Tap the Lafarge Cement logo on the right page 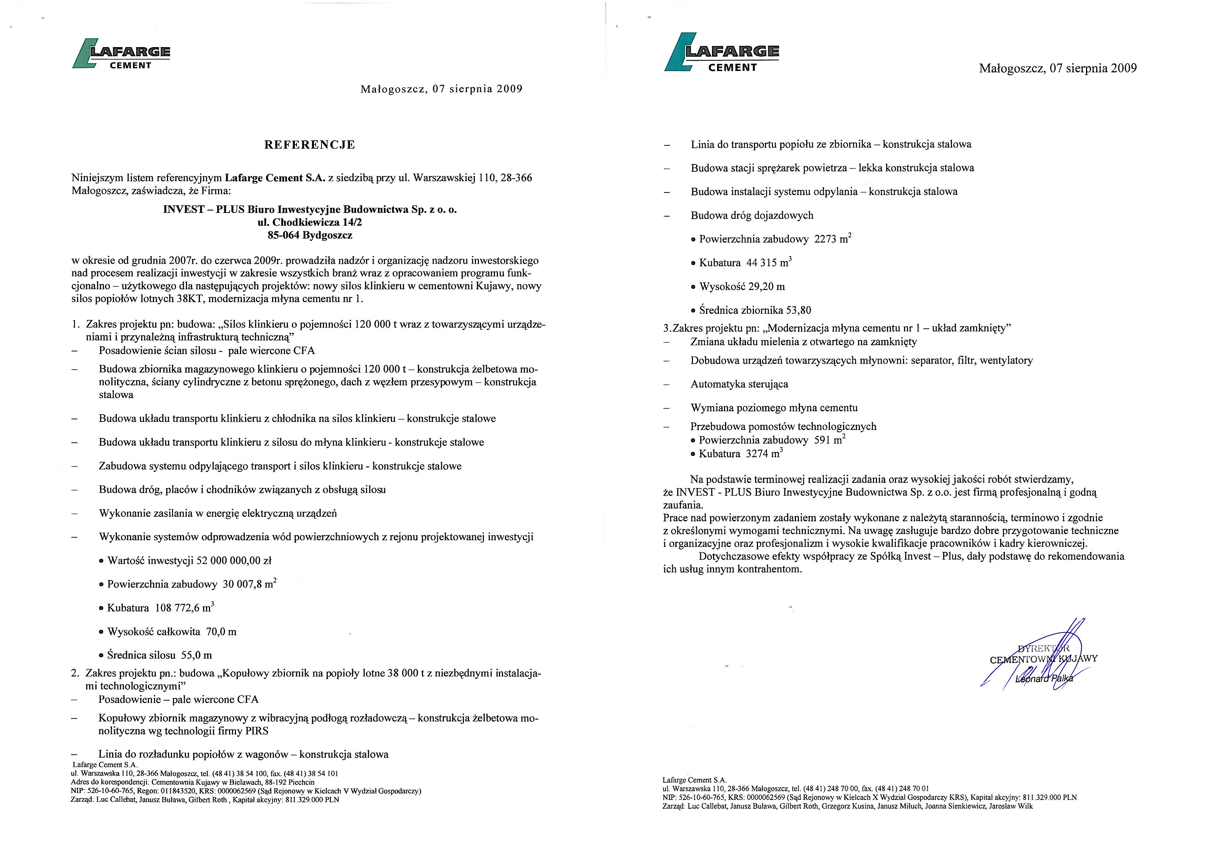(x=721, y=53)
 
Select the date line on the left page (x=441, y=89)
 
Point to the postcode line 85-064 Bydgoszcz (x=310, y=235)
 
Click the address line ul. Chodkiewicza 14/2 (x=310, y=222)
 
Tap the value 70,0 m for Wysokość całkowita (x=221, y=632)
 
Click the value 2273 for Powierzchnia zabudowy (x=824, y=239)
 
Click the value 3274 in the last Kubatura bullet (x=757, y=454)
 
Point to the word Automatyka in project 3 (x=713, y=385)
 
